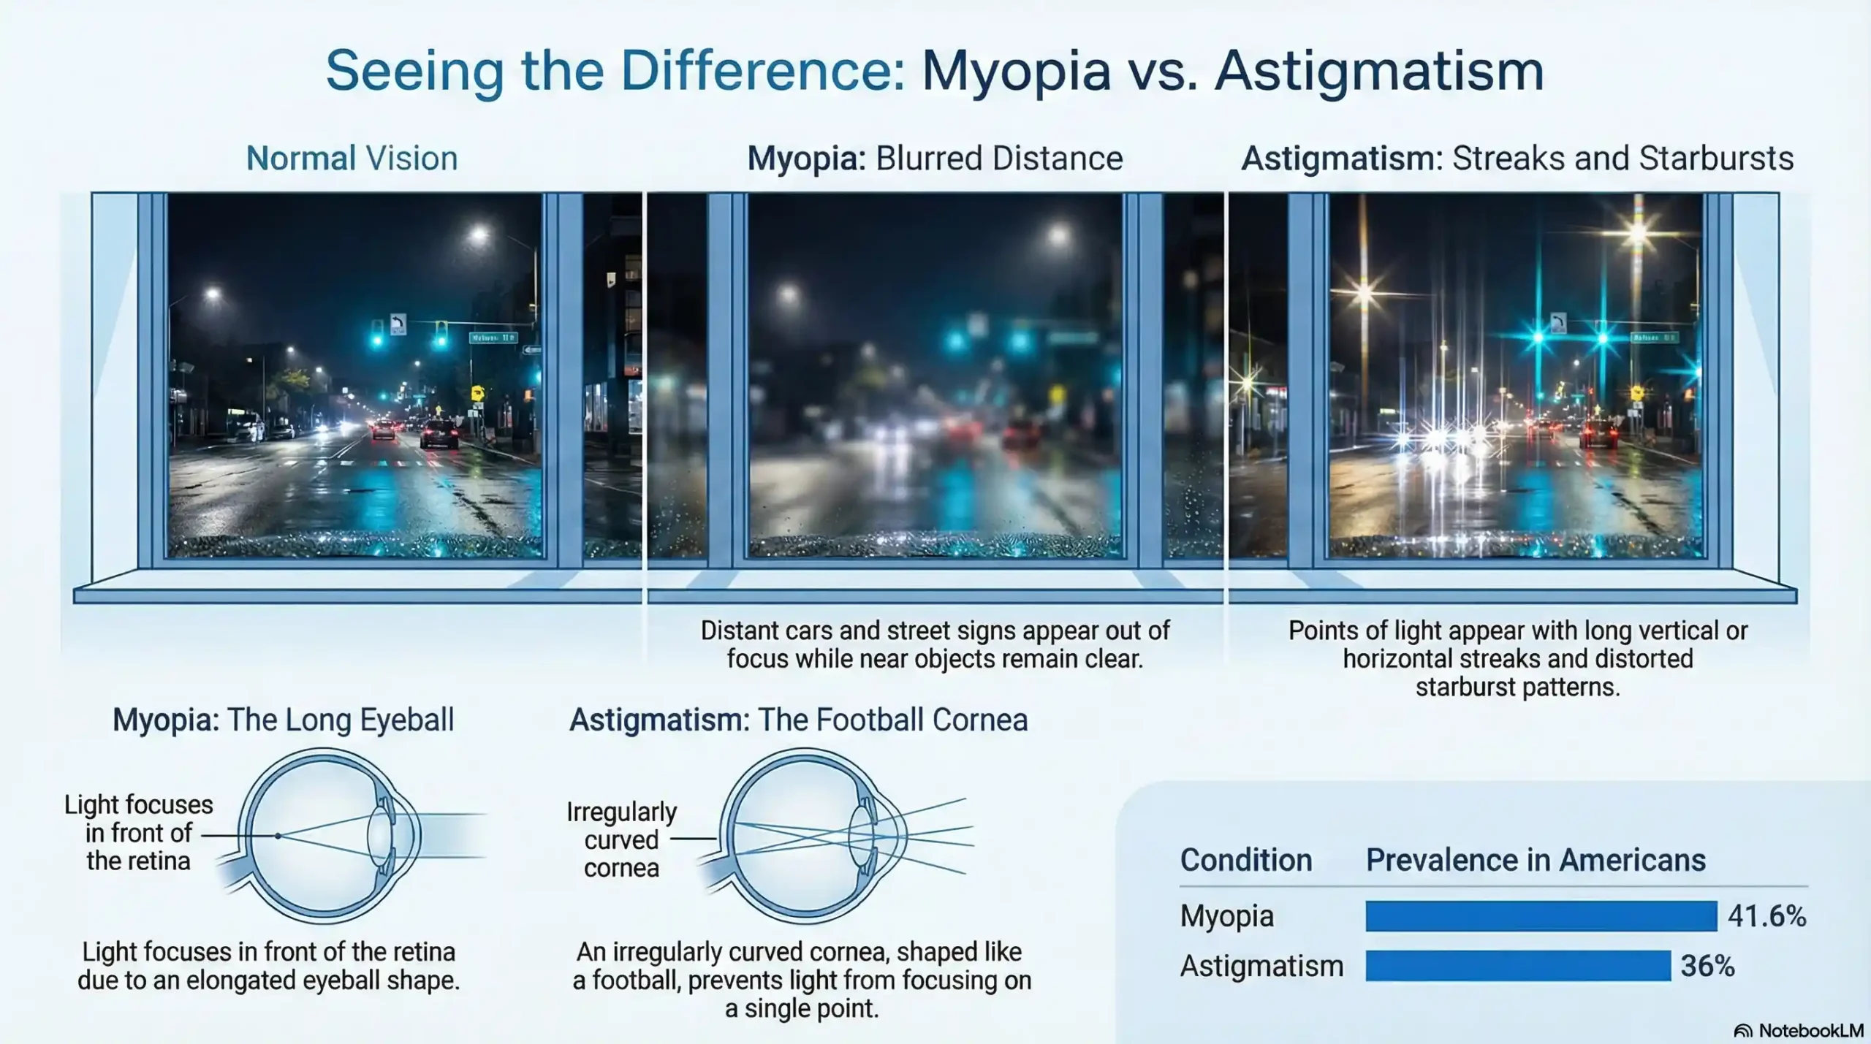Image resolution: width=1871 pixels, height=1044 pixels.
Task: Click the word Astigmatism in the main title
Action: pyautogui.click(x=1378, y=72)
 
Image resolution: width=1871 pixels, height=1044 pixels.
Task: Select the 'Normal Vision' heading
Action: pyautogui.click(x=352, y=159)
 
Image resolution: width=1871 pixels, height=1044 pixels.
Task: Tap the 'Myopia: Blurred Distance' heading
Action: pyautogui.click(x=934, y=159)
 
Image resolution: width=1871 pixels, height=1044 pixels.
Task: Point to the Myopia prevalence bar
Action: pyautogui.click(x=1541, y=916)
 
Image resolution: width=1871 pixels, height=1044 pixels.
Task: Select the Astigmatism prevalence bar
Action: pyautogui.click(x=1517, y=966)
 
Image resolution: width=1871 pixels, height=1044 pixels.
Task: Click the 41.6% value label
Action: pyautogui.click(x=1766, y=916)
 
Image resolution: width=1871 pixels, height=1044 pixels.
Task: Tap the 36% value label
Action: pyautogui.click(x=1707, y=966)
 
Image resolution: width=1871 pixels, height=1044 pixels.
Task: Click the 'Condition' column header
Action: pyautogui.click(x=1245, y=860)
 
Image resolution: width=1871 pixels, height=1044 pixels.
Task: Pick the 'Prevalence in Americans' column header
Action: pyautogui.click(x=1535, y=860)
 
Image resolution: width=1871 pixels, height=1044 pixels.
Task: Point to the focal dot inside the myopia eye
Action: pyautogui.click(x=278, y=836)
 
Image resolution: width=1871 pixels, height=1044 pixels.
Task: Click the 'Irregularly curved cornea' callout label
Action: pyautogui.click(x=621, y=839)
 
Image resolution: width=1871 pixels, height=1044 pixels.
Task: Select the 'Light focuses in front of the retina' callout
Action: pyautogui.click(x=138, y=833)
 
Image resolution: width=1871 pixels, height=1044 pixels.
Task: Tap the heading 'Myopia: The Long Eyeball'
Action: pyautogui.click(x=283, y=720)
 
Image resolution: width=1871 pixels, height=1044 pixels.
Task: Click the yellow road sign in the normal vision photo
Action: pyautogui.click(x=478, y=392)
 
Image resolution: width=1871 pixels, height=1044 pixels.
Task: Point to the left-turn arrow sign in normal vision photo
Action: pyautogui.click(x=398, y=324)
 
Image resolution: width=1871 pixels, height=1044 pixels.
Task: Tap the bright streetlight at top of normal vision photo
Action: pyautogui.click(x=479, y=235)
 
